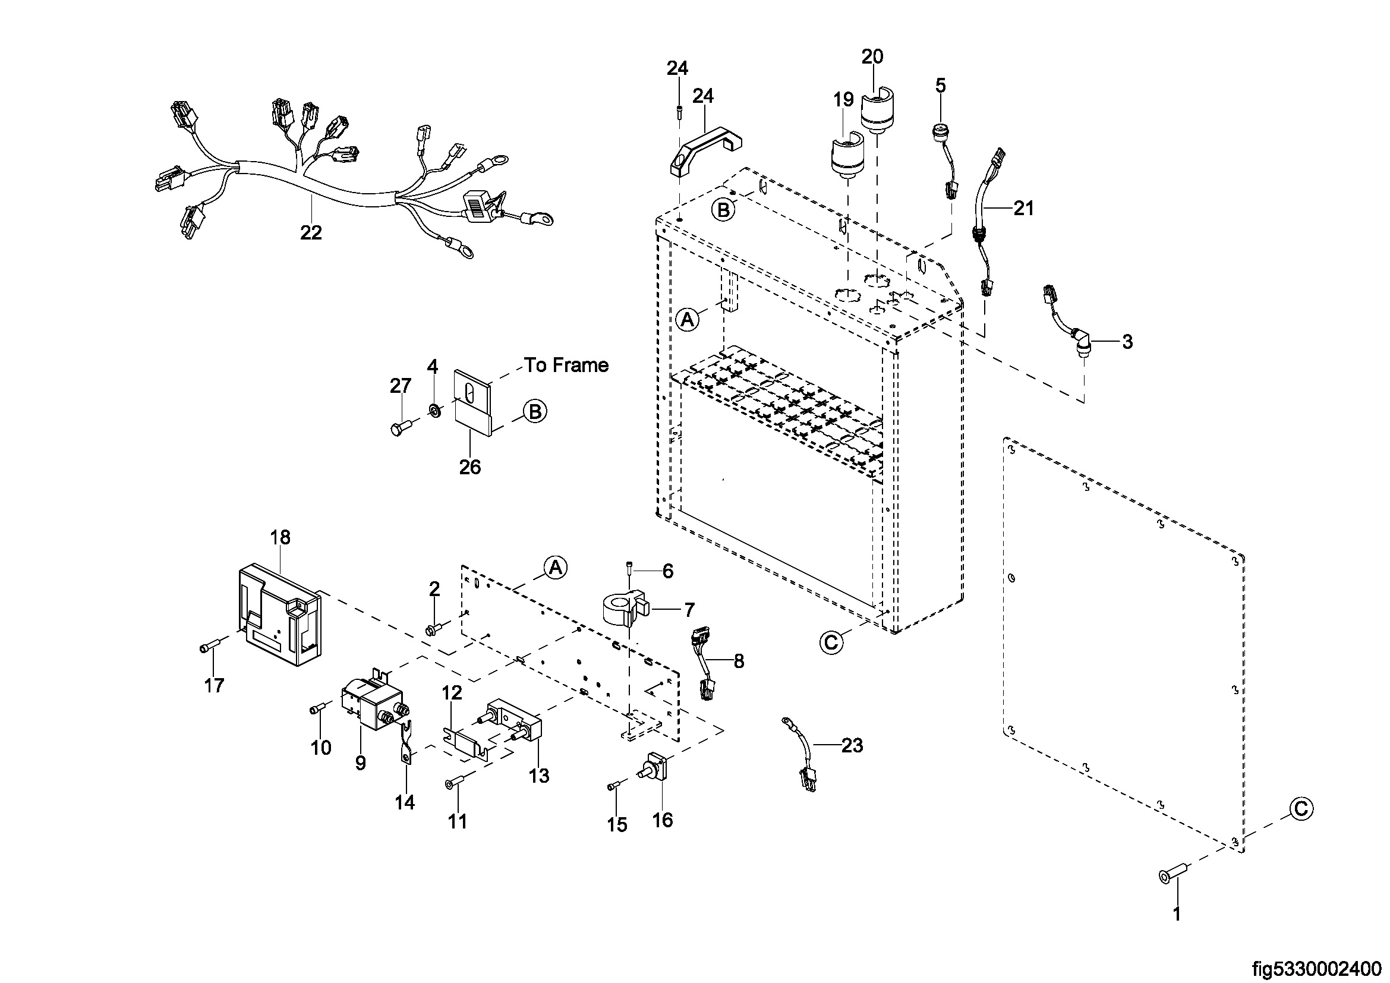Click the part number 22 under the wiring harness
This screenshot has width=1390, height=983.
[311, 232]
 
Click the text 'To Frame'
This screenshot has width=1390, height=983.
[566, 365]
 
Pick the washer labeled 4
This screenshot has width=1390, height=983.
[434, 411]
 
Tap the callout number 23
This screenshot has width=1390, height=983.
[852, 745]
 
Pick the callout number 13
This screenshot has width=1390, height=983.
[538, 776]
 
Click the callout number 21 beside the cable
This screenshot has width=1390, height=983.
[1024, 208]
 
